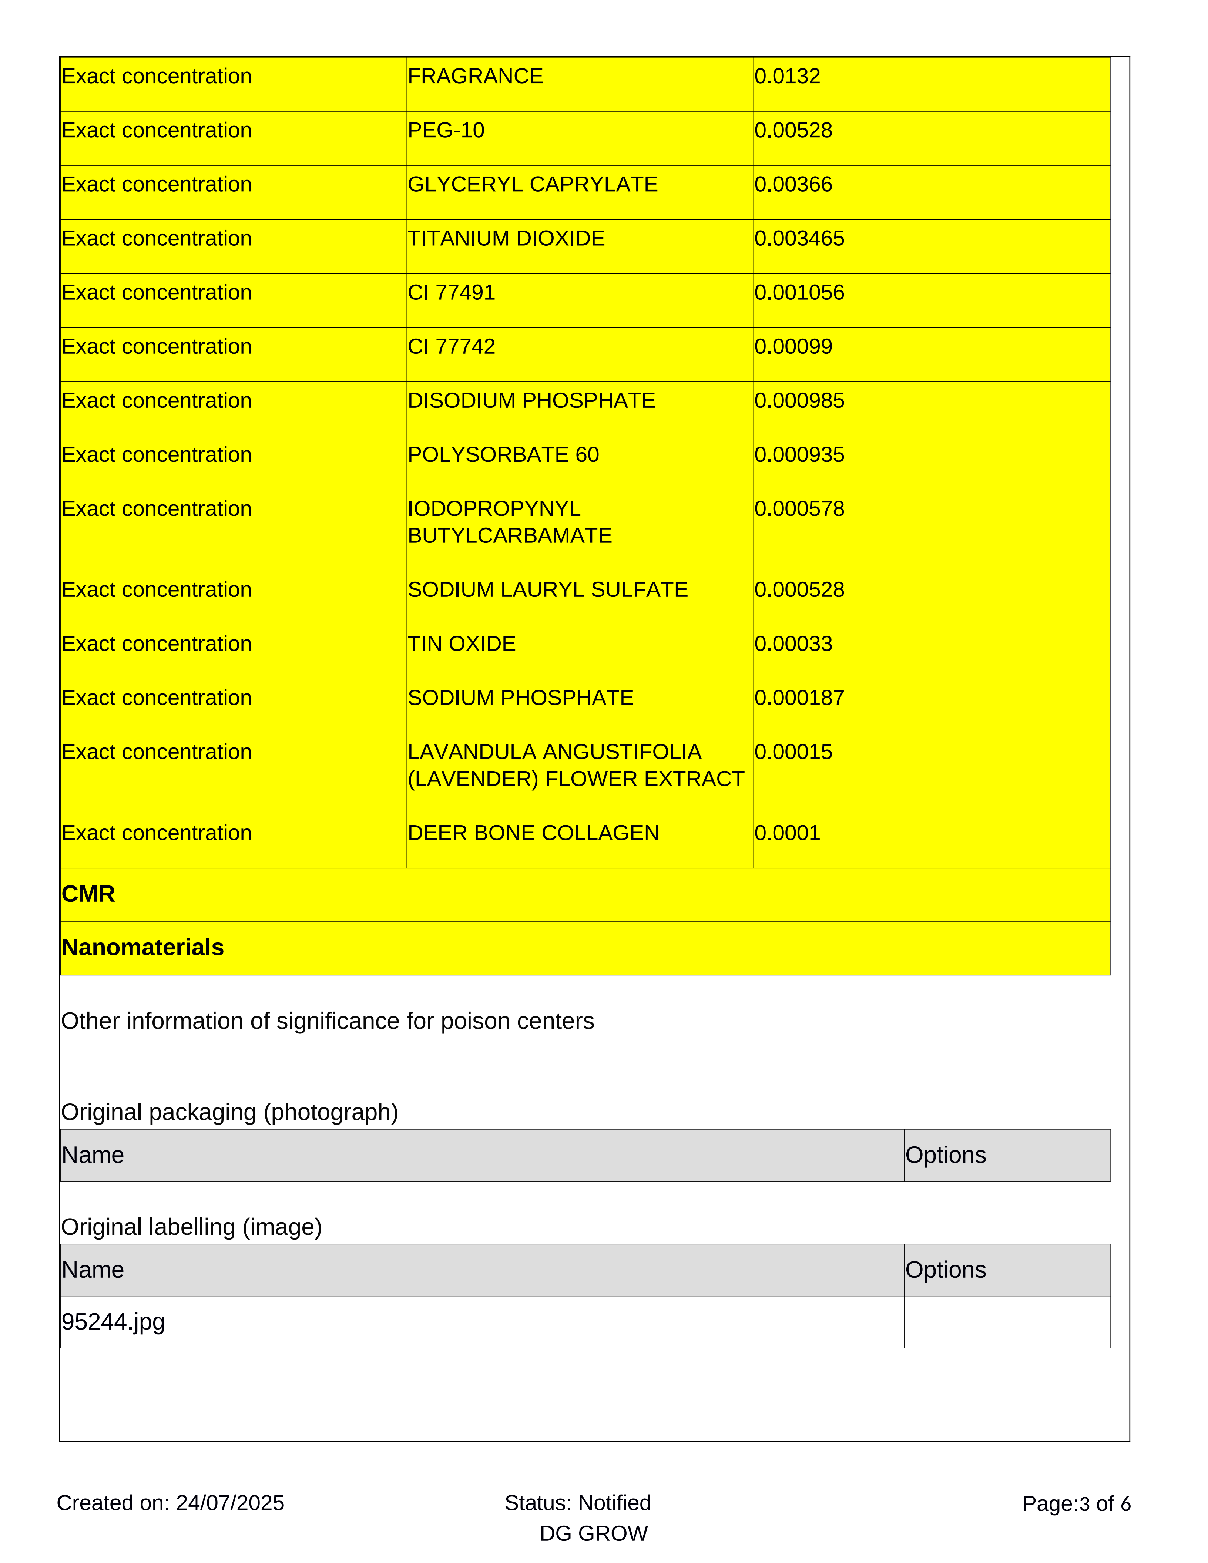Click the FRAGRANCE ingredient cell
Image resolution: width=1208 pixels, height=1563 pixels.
pyautogui.click(x=475, y=77)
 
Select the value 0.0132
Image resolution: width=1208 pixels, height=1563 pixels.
pyautogui.click(x=787, y=77)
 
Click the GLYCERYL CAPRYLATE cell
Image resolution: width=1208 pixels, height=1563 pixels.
pyautogui.click(x=533, y=185)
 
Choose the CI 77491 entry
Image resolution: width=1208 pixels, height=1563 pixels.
pyautogui.click(x=452, y=293)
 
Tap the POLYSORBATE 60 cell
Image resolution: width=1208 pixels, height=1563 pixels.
pyautogui.click(x=503, y=455)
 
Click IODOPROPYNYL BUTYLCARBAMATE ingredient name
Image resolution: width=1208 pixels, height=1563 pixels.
pyautogui.click(x=510, y=522)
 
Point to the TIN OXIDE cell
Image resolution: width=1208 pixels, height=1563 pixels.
pyautogui.click(x=462, y=644)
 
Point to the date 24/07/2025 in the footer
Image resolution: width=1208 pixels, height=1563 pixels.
pyautogui.click(x=230, y=1503)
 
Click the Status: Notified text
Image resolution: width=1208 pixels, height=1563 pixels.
pyautogui.click(x=577, y=1503)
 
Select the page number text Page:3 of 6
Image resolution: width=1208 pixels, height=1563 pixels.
pyautogui.click(x=1076, y=1503)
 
